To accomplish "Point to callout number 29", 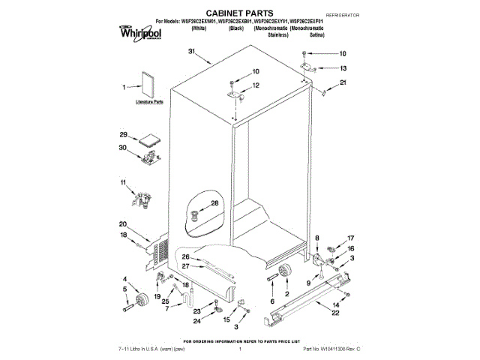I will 123,135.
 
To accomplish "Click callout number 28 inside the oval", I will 214,203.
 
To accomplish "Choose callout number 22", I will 335,313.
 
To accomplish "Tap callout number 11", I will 123,182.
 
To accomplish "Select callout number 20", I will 122,223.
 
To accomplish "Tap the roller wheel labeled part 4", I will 140,302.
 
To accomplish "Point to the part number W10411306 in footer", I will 326,349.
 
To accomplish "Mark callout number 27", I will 185,265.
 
